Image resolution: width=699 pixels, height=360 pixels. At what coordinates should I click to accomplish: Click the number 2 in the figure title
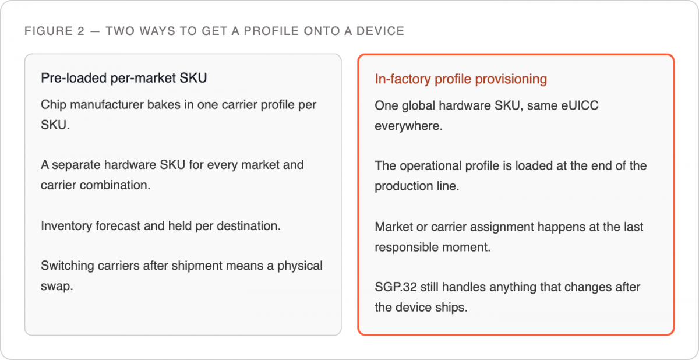[81, 31]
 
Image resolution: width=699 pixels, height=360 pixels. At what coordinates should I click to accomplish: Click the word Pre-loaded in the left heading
[73, 78]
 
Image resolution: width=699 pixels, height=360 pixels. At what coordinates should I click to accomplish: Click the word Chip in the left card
[54, 105]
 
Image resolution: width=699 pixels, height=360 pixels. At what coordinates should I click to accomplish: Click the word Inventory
[66, 226]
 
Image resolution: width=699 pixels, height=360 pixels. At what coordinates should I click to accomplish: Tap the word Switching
[68, 266]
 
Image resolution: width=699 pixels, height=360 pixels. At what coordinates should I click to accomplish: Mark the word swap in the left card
[57, 287]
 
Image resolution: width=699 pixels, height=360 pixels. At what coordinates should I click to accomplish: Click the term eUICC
[580, 105]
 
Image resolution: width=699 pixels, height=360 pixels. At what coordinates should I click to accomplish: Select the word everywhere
[408, 126]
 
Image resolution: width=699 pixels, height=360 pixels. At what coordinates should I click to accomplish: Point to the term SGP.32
[396, 287]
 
